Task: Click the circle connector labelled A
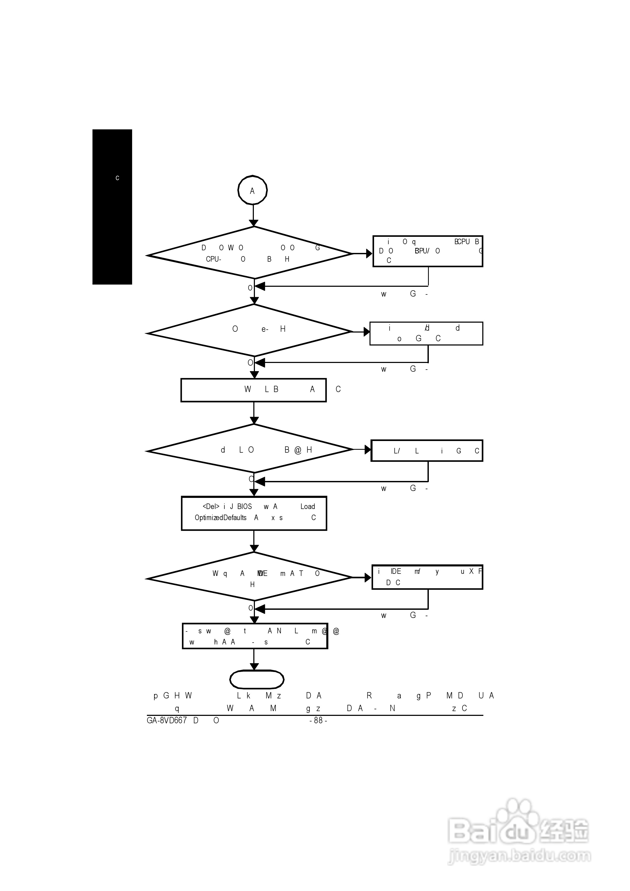pyautogui.click(x=253, y=190)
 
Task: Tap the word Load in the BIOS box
pyautogui.click(x=307, y=506)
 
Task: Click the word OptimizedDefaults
pyautogui.click(x=220, y=518)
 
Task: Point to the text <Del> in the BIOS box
pyautogui.click(x=211, y=506)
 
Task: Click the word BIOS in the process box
pyautogui.click(x=244, y=506)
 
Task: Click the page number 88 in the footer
pyautogui.click(x=318, y=720)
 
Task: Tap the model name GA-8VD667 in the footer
pyautogui.click(x=166, y=720)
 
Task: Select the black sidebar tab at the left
pyautogui.click(x=112, y=207)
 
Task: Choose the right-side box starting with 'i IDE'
pyautogui.click(x=427, y=577)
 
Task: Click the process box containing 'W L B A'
pyautogui.click(x=253, y=390)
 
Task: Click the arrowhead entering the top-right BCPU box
pyautogui.click(x=369, y=254)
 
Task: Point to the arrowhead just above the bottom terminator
pyautogui.click(x=254, y=666)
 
